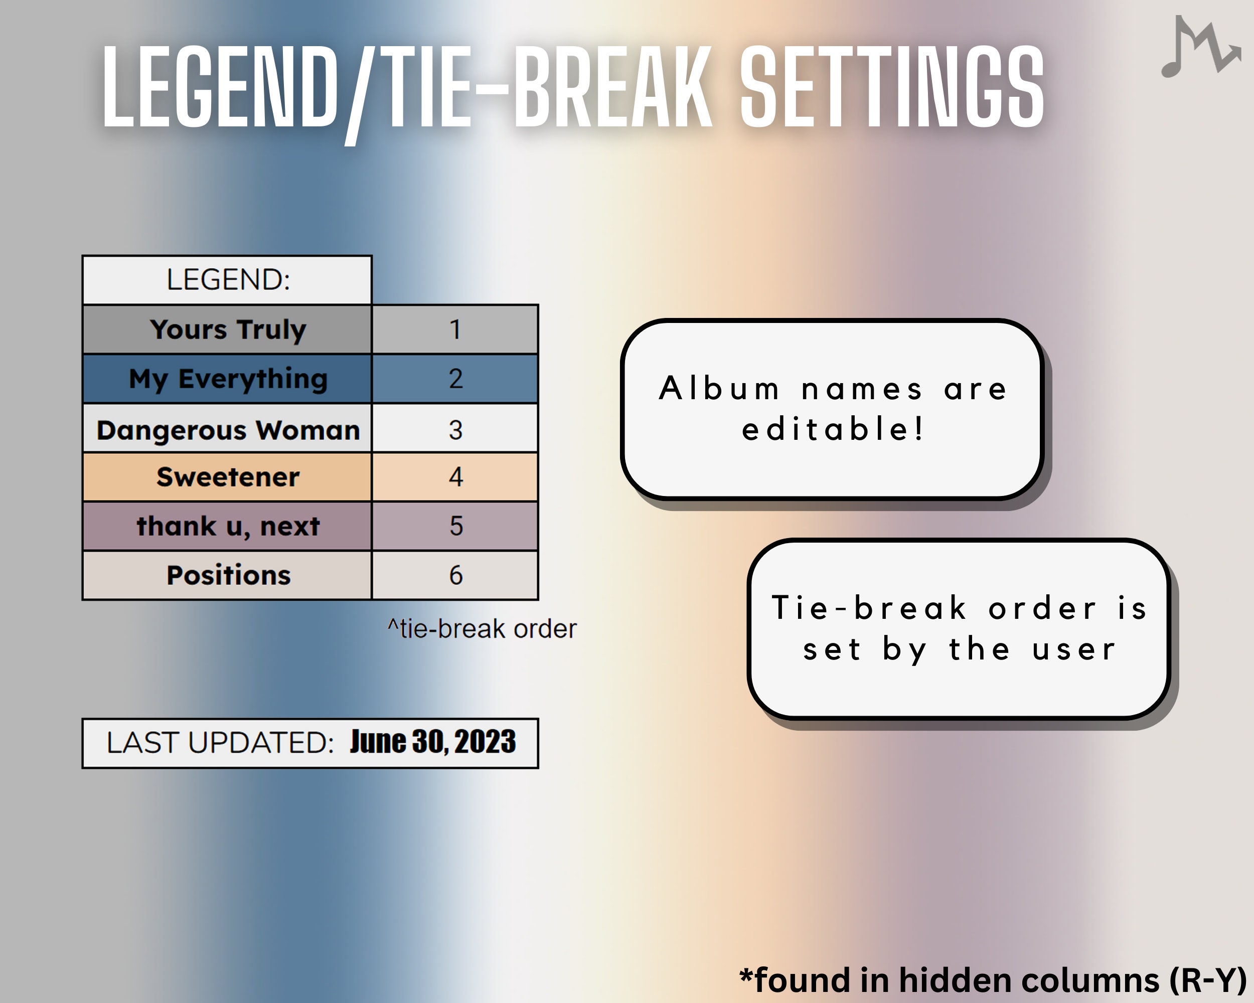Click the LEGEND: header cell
[227, 280]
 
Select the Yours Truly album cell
[227, 329]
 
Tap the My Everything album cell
[227, 379]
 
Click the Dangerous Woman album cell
[227, 430]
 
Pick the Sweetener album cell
[227, 477]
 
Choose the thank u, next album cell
[227, 526]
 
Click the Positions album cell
[227, 575]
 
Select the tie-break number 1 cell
[455, 329]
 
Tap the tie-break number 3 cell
[455, 430]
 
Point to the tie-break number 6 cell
[455, 575]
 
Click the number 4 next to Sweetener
[455, 477]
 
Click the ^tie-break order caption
[482, 629]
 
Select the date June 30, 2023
[432, 742]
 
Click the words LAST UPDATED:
[220, 743]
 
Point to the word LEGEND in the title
[220, 87]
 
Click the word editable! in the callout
[832, 429]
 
